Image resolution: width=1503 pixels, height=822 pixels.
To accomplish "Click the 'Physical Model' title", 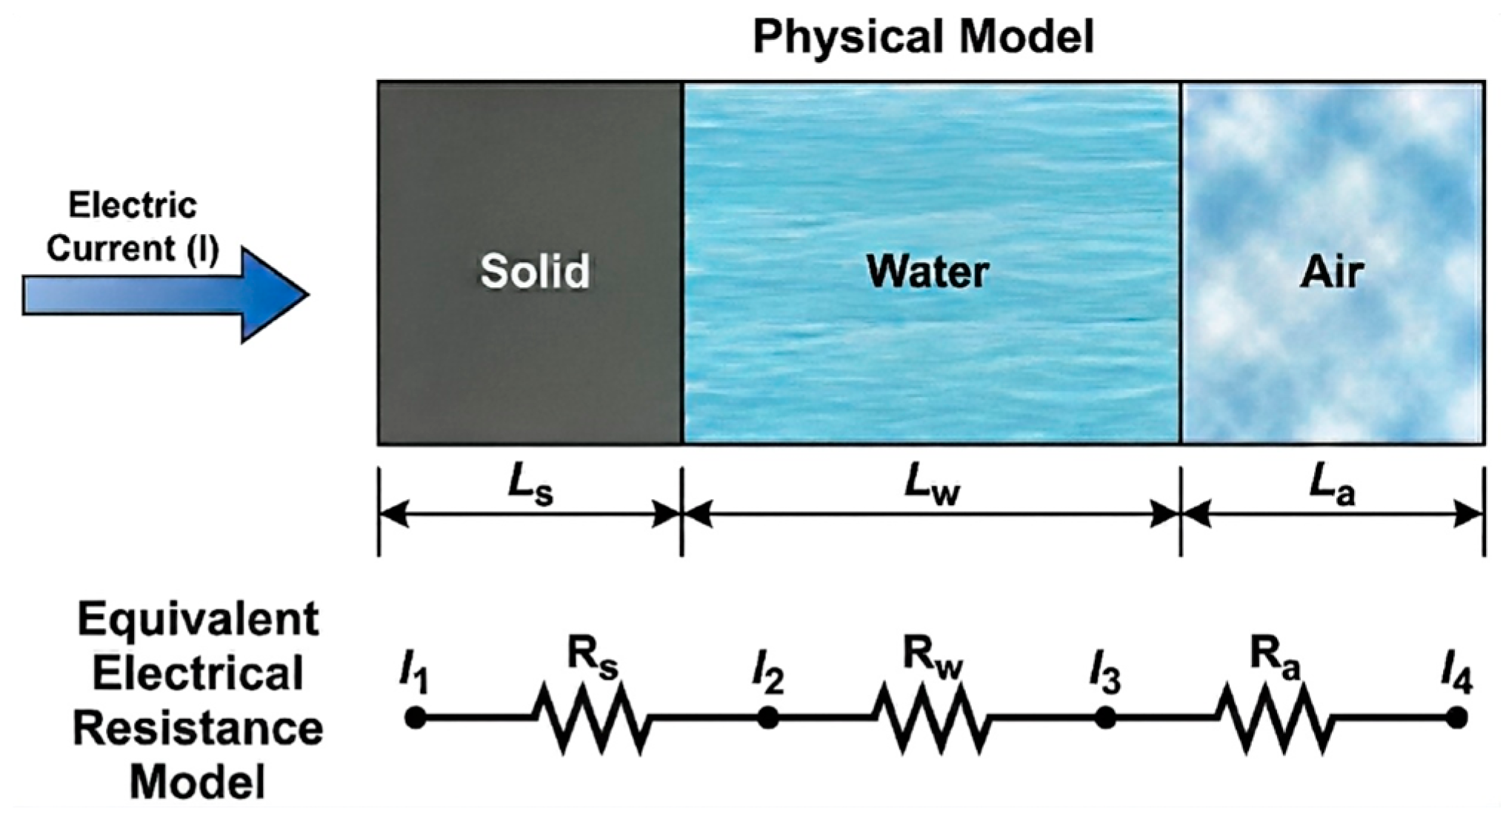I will pos(923,37).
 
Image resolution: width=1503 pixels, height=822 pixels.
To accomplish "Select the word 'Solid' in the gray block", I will pos(535,271).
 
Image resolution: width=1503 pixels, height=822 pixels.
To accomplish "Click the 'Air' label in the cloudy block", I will pos(1332,273).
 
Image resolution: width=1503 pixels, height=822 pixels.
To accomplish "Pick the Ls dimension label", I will pos(530,489).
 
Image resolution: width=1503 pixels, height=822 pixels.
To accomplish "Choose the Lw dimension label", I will pos(931,489).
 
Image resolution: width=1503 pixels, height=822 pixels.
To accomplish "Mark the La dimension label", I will pos(1332,489).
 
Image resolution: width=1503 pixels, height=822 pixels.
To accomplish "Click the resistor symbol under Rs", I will pos(591,718).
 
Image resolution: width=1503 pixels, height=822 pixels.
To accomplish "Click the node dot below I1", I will pos(415,718).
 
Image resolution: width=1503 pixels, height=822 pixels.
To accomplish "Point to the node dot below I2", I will pos(768,718).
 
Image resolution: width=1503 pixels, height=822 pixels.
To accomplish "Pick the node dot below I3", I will pos(1105,718).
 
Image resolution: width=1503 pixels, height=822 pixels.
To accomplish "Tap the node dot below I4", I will pos(1456,718).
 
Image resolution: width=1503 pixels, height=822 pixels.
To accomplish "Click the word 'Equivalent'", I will pos(199,621).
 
